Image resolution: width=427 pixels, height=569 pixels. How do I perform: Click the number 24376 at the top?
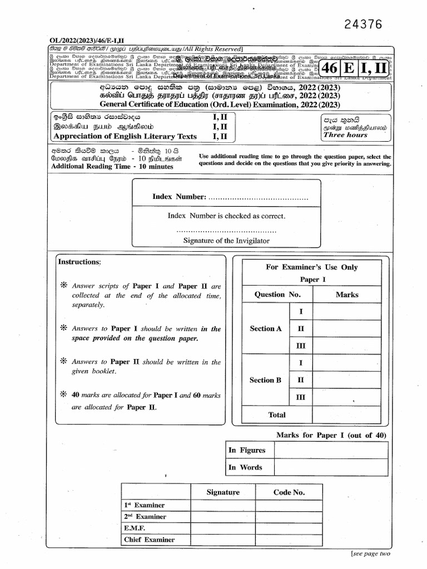[x=364, y=24]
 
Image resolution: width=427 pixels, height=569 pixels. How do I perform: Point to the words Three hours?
[x=345, y=135]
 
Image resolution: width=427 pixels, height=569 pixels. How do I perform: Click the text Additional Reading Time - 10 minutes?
[x=112, y=167]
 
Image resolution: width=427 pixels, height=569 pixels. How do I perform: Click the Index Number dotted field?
[x=258, y=197]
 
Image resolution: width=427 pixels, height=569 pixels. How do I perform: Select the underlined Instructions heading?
[x=80, y=262]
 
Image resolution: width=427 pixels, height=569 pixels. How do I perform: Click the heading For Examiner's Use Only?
[x=311, y=267]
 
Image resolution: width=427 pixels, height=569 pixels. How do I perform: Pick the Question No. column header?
[x=277, y=295]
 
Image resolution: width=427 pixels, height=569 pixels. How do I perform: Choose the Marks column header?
[x=347, y=295]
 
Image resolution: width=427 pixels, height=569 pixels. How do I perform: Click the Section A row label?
[x=266, y=328]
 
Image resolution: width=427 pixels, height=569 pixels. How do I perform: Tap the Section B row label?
[x=266, y=380]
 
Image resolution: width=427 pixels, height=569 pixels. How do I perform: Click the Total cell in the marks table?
[x=277, y=415]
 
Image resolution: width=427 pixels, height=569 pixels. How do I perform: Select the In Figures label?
[x=247, y=451]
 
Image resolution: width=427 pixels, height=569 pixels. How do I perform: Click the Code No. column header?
[x=289, y=492]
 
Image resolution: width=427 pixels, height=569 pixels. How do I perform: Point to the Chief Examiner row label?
[x=149, y=540]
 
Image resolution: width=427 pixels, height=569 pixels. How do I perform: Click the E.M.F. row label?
[x=135, y=528]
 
